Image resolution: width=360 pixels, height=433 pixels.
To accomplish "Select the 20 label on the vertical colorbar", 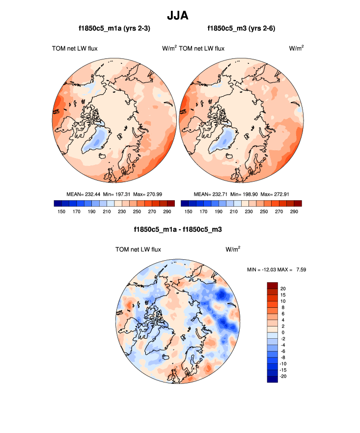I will coord(283,288).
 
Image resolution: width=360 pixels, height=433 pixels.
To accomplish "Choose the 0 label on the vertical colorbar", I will coord(282,332).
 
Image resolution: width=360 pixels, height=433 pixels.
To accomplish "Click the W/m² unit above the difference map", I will coord(233,249).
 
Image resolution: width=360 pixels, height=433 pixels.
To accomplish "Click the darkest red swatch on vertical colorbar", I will coord(273,285).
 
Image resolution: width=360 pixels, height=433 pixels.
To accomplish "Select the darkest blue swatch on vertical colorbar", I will coord(273,379).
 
